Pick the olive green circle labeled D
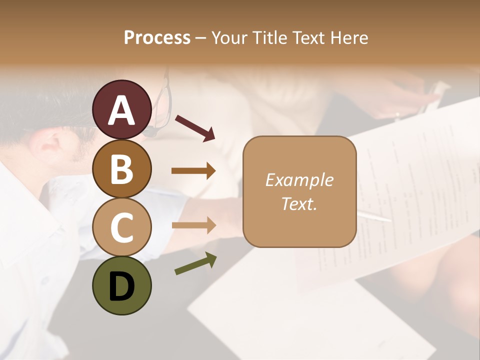[122, 285]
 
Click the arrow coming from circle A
[194, 127]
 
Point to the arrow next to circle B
[193, 171]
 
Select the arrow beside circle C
[193, 225]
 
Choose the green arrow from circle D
[195, 264]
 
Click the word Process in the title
[157, 37]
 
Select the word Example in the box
[299, 180]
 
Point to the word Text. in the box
[299, 203]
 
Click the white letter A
[122, 110]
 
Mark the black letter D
[122, 287]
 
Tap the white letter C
[122, 228]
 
